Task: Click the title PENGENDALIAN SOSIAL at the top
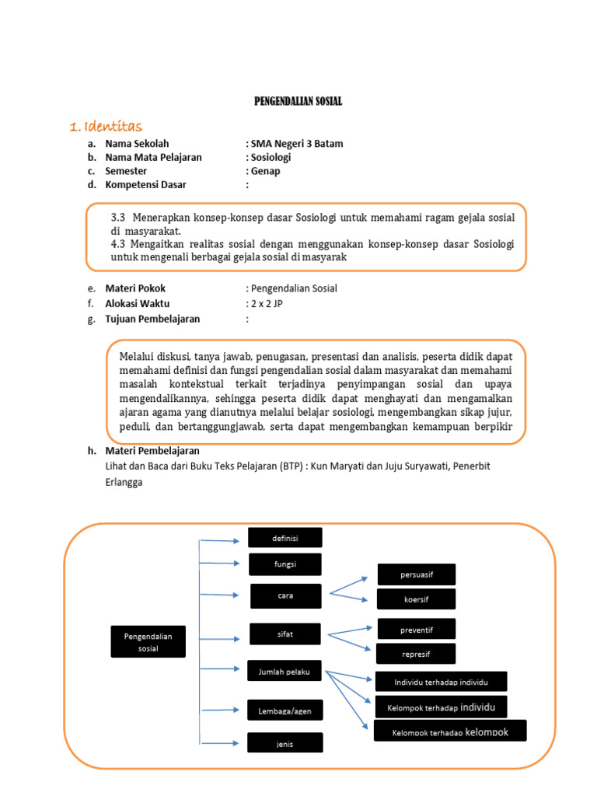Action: coord(298,102)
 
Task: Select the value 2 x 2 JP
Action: coord(264,304)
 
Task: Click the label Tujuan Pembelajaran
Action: coord(152,319)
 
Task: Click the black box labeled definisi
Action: coord(285,538)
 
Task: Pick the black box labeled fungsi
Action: coord(285,564)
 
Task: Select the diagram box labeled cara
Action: coord(285,596)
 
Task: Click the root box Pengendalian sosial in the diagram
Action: coord(148,642)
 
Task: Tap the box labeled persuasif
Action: coord(416,574)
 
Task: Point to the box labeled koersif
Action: coord(416,599)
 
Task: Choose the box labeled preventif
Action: coord(416,629)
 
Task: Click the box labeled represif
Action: coord(416,654)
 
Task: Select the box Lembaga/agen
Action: coord(285,710)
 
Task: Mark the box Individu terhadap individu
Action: coord(441,682)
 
